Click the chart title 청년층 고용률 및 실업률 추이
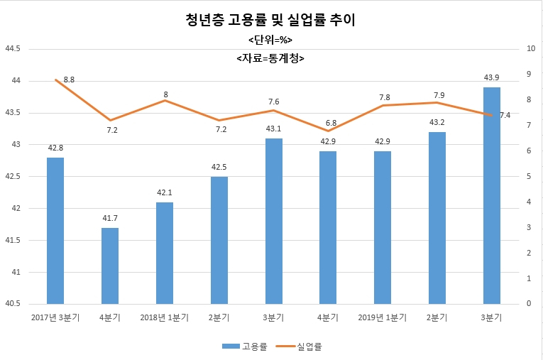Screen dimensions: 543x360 coord(270,20)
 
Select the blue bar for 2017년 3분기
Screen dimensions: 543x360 coord(55,231)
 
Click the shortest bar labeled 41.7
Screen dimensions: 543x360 coord(110,266)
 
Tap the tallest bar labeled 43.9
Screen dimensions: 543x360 coord(492,196)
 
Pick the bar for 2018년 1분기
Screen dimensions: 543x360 coord(165,253)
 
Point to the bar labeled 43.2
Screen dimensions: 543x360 coord(437,218)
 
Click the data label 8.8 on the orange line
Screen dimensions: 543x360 coord(69,80)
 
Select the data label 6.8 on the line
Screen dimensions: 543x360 coord(331,123)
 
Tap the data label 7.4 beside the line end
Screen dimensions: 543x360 coord(505,115)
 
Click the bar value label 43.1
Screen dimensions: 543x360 coord(273,129)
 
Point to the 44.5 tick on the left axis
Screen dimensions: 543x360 coord(13,49)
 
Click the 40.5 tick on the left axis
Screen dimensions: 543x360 coord(13,303)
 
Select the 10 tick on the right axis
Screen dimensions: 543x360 coord(531,48)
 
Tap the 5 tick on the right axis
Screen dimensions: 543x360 coord(529,176)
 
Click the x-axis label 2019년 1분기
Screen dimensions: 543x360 coord(383,317)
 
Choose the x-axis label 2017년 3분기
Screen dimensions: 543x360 coord(55,317)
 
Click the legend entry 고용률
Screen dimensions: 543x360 coord(245,346)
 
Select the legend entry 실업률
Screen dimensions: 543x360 coord(300,346)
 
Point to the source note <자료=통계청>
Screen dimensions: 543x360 coord(270,58)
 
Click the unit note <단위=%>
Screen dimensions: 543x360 coord(270,40)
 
